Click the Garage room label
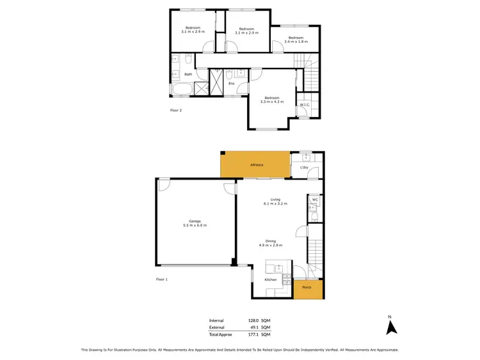[x=195, y=223]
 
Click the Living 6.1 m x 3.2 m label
[x=275, y=201]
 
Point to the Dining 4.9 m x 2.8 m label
[x=271, y=243]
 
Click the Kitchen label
[x=271, y=280]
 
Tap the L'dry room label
[x=305, y=168]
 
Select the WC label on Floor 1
[x=315, y=200]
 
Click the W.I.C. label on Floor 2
[x=305, y=105]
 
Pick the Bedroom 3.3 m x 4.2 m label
[x=271, y=100]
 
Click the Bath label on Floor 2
[x=188, y=74]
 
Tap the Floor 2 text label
[x=176, y=110]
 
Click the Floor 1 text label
[x=162, y=279]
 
